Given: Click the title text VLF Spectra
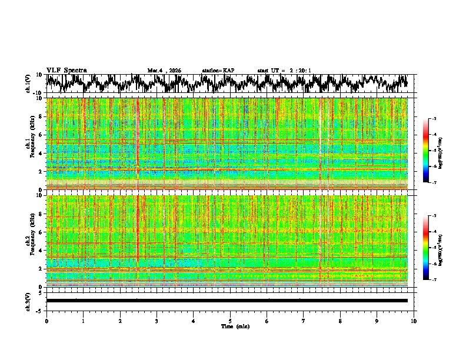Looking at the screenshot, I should [x=66, y=70].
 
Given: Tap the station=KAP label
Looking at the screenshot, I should [x=218, y=71].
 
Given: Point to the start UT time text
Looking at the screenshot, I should [x=284, y=71].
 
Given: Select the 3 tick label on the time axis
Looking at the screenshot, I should [x=157, y=321].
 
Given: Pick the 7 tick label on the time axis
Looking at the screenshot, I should [x=304, y=321].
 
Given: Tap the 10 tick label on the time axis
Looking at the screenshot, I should [x=414, y=321].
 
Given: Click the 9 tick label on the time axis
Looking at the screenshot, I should [x=377, y=321].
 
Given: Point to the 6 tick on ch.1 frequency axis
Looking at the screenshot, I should [x=40, y=135].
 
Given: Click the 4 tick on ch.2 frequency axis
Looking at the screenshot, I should [x=40, y=251].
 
